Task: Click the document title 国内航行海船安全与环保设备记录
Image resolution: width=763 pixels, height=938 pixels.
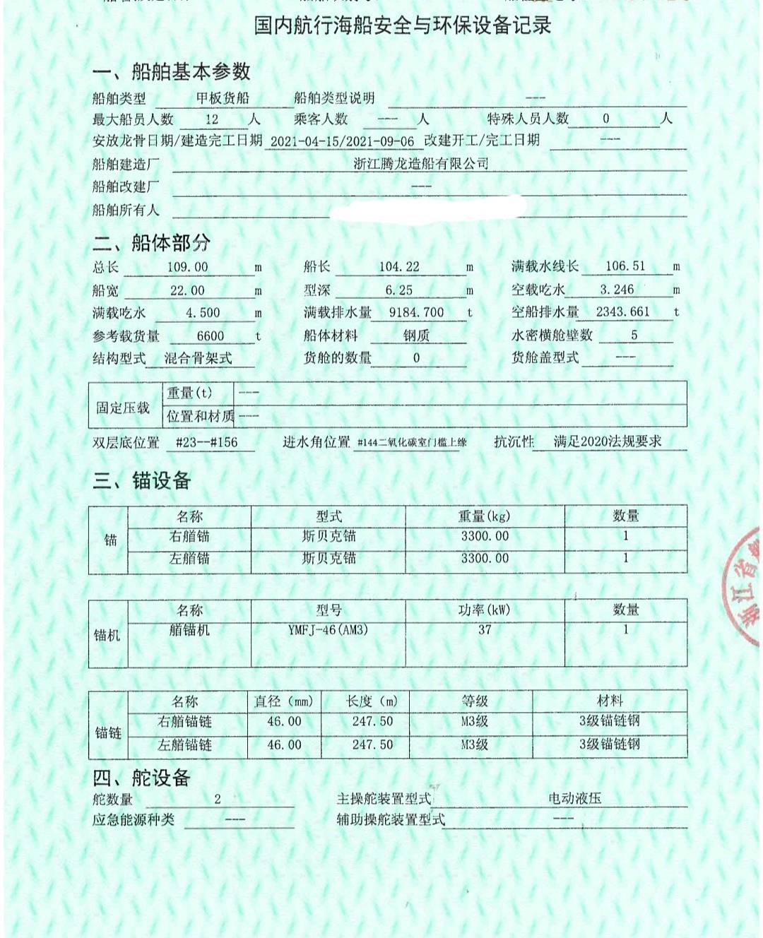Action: tap(402, 26)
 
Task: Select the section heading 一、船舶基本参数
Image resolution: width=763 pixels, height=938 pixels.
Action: tap(172, 71)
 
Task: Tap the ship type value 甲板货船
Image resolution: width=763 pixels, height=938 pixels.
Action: tap(223, 98)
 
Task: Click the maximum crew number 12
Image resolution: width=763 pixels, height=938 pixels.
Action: tap(212, 119)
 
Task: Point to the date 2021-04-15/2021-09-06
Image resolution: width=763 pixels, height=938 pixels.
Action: tap(342, 141)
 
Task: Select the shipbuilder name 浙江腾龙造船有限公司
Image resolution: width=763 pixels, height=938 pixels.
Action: tap(421, 164)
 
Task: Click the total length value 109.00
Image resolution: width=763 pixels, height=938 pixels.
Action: tap(188, 267)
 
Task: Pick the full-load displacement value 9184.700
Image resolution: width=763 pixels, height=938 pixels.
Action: tap(417, 312)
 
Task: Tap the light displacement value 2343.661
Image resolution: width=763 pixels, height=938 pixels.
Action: tap(622, 311)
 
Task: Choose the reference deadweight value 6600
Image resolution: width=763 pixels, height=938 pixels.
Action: tap(210, 336)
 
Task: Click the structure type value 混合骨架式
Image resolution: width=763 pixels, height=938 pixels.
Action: tap(199, 358)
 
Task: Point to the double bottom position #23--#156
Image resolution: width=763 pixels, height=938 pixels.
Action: tap(206, 443)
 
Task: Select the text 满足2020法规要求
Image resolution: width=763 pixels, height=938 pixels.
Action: tap(608, 441)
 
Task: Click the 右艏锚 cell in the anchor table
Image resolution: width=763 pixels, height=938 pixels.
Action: tap(189, 537)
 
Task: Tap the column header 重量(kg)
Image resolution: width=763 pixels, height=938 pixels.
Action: tap(485, 516)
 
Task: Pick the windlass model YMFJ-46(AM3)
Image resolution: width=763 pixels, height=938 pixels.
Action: tap(328, 629)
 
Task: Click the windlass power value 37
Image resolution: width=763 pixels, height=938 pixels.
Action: tap(485, 629)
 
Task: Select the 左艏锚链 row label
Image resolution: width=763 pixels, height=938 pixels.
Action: tap(185, 744)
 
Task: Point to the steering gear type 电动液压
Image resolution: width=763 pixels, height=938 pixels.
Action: tap(575, 798)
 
